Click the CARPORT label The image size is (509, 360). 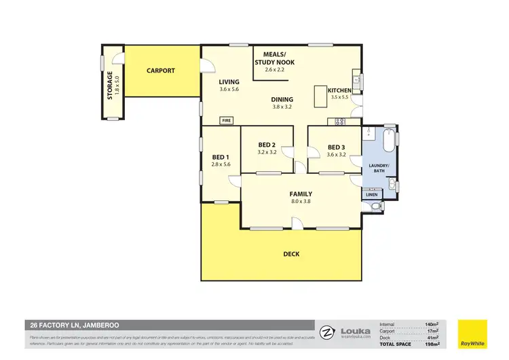tap(160, 71)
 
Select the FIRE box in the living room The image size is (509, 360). tap(226, 121)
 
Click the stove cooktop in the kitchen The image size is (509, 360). tap(337, 122)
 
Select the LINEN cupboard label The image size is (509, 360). tap(371, 195)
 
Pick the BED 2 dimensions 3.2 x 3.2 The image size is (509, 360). tap(267, 153)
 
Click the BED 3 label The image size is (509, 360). tap(337, 147)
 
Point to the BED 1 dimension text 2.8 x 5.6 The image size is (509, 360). tap(221, 164)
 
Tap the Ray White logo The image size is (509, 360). tap(473, 334)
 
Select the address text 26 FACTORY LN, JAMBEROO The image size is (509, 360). tap(67, 325)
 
